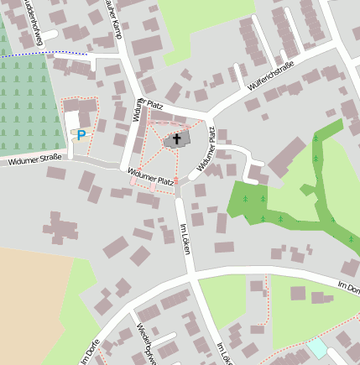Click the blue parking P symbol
coord(81,134)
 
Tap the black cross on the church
coord(177,138)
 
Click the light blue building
coord(317,347)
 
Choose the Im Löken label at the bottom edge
coord(222,352)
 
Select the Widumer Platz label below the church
coord(151,176)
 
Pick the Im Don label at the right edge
coord(347,287)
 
